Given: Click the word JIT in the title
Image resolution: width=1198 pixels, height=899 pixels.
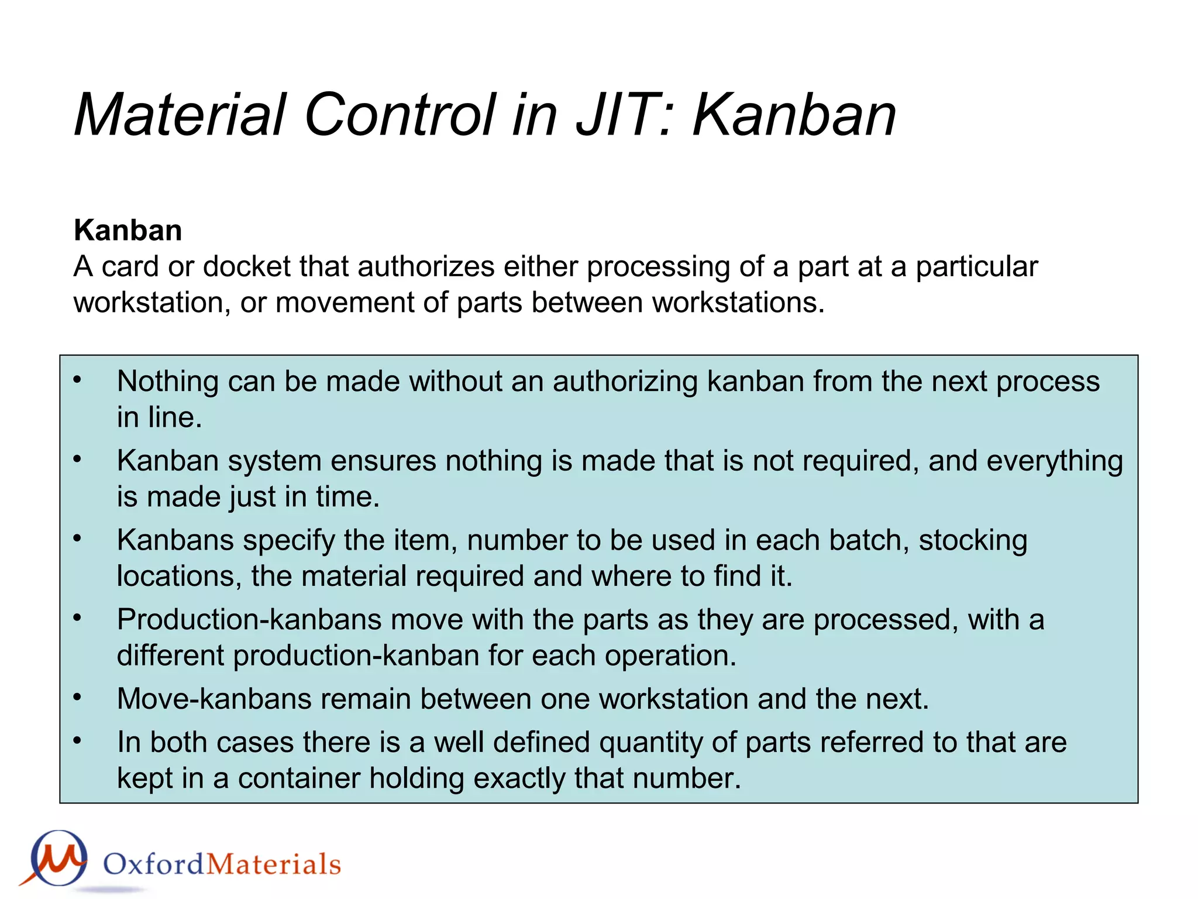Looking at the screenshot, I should tap(622, 115).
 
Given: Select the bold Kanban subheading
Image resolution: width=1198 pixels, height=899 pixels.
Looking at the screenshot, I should tap(128, 230).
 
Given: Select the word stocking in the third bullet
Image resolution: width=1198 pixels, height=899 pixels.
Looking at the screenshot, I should tap(973, 540).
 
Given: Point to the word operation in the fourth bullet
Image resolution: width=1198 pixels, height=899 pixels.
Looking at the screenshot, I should tap(670, 656).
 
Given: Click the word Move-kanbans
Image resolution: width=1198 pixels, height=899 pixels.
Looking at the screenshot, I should tap(214, 699).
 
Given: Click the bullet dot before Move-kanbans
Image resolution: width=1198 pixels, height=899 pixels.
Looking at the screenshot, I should tap(77, 698).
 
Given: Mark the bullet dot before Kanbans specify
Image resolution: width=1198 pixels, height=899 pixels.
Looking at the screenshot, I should tap(77, 539).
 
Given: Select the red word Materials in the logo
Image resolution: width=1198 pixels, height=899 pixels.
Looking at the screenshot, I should tap(274, 864).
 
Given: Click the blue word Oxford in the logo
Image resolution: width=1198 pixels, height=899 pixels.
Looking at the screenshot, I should tap(154, 864).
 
